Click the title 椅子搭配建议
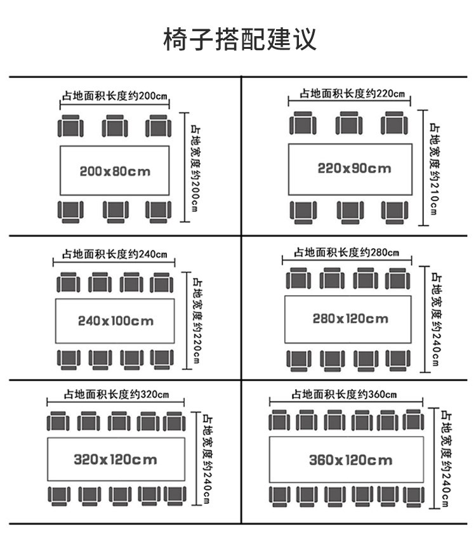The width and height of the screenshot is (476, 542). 239,39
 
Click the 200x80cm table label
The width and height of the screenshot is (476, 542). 115,171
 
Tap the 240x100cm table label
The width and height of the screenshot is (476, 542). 116,321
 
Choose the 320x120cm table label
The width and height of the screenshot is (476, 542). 115,458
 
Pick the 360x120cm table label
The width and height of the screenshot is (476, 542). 350,459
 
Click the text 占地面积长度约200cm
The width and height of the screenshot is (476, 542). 115,96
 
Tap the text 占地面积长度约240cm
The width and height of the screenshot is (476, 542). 114,254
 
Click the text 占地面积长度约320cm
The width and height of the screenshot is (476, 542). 116,394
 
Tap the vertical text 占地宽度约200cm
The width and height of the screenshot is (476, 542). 196,168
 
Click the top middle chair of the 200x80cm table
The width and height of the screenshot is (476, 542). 115,126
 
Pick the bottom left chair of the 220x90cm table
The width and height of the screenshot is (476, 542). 303,212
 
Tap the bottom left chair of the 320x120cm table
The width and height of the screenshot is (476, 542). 58,495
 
